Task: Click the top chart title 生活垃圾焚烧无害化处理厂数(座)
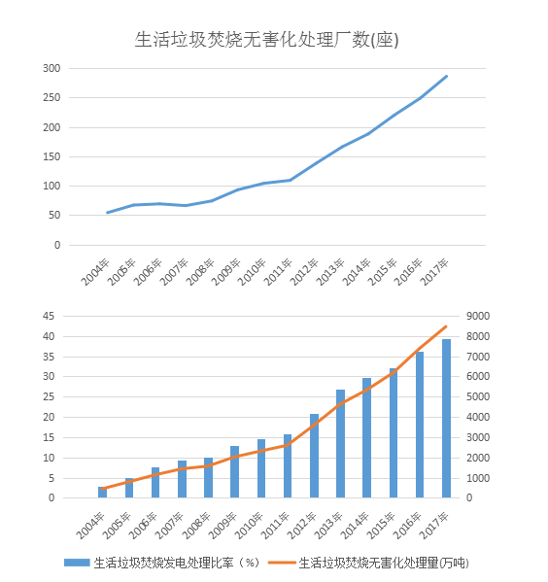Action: (266, 39)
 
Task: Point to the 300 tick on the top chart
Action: (51, 68)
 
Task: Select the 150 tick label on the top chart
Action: (51, 156)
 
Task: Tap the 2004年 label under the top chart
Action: (95, 272)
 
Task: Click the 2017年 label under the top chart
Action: (434, 272)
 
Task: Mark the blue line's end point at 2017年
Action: (446, 76)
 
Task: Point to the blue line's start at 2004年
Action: (107, 213)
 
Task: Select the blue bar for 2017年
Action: (446, 419)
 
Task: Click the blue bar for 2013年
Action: (340, 444)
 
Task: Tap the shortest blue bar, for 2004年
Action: (102, 493)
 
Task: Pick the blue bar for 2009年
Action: (234, 472)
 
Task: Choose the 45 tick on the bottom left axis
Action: (49, 316)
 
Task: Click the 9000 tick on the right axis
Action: (478, 316)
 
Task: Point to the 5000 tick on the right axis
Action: (478, 396)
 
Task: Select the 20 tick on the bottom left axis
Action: (49, 417)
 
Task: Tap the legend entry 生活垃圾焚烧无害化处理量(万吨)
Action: (368, 563)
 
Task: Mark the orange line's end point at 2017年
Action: (446, 326)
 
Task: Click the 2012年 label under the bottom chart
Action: (302, 526)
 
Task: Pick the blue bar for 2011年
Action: (288, 465)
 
